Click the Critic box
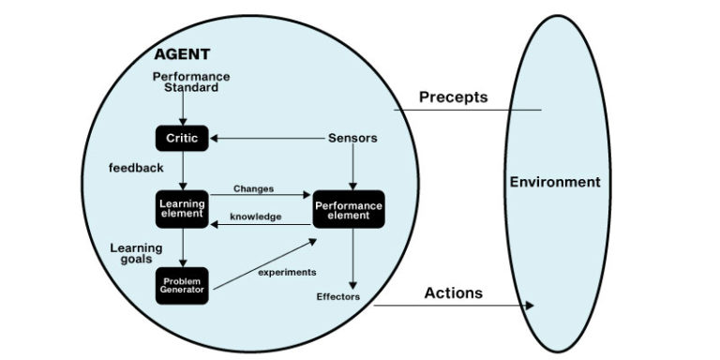coord(182,138)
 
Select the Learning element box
coord(182,209)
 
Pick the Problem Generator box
coord(182,285)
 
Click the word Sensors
coord(352,138)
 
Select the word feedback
coord(136,168)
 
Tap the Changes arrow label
coord(254,188)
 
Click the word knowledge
coord(255,217)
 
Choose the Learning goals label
coord(137,253)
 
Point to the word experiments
coord(287,272)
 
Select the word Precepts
coord(454,97)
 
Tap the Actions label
coord(453,292)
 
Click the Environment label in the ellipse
coord(555,181)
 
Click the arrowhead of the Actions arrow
coord(531,306)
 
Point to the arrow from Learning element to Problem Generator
coord(182,247)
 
